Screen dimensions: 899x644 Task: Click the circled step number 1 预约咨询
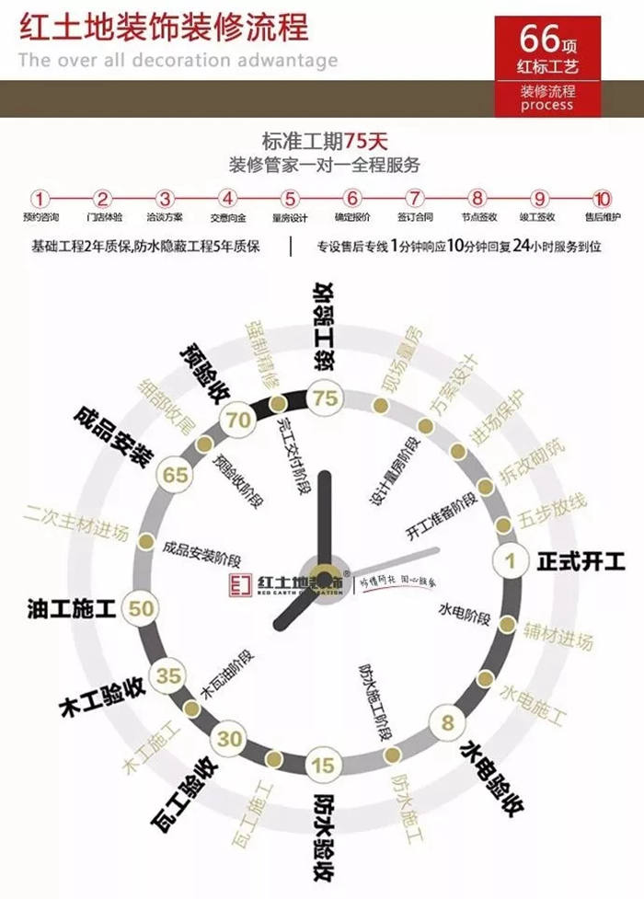40,198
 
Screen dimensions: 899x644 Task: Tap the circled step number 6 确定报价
352,198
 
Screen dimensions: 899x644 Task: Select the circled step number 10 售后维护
602,198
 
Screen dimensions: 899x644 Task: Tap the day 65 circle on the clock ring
175,475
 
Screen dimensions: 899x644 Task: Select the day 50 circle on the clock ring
142,607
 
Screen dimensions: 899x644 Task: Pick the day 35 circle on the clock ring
168,675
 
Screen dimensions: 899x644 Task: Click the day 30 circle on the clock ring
229,738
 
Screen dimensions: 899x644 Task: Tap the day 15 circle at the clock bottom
322,764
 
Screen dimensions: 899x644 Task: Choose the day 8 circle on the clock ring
447,721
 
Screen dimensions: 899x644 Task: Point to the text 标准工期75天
325,143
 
